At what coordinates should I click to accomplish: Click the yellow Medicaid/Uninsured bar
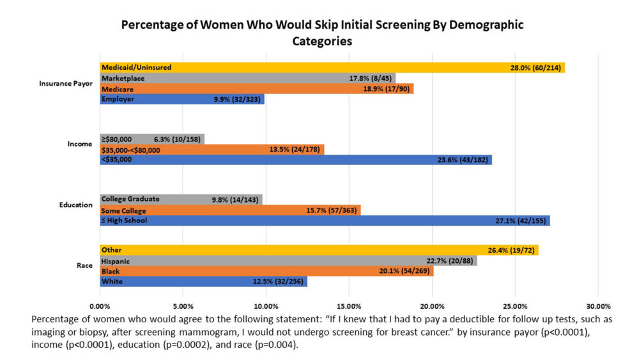click(x=332, y=67)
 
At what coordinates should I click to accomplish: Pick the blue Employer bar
click(x=182, y=99)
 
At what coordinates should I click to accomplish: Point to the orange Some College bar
click(x=230, y=210)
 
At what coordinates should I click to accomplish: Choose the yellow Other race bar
click(x=319, y=250)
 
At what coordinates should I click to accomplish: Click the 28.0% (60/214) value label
click(x=536, y=67)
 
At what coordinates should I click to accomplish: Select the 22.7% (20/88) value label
click(x=450, y=261)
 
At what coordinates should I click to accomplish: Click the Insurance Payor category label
click(x=66, y=83)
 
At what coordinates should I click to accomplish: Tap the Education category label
click(x=77, y=205)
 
